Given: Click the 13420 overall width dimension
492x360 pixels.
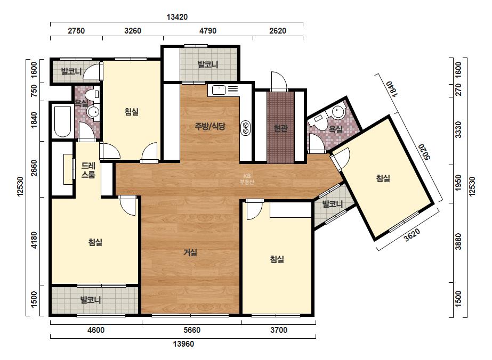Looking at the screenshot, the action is coord(177,17).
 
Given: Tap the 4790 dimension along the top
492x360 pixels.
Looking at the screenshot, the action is coord(208,31).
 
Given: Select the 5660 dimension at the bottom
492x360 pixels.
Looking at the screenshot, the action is coord(191,330).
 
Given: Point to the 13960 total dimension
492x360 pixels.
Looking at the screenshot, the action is coord(183,345).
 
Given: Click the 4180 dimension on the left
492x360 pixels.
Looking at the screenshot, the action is coord(34,240).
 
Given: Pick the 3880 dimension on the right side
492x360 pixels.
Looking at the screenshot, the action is coord(458,241).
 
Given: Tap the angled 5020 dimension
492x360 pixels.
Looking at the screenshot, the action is coord(423,152).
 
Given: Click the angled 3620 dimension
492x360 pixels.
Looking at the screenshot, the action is coord(412,235).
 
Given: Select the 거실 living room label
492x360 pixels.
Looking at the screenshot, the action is coord(190,252).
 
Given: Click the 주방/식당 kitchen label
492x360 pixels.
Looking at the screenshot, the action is coord(210,126).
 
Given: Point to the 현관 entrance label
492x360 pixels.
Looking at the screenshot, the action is coord(280,128).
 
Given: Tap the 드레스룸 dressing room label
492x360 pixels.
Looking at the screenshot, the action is coord(88,170).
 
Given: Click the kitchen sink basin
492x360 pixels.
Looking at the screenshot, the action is coord(219,90).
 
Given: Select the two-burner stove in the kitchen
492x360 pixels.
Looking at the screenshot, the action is coord(245,128).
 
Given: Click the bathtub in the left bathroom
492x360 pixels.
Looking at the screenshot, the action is coord(62,121).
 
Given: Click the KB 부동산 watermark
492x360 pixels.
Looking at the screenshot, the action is coord(247,179).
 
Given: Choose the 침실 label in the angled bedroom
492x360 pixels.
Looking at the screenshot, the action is coord(383,178).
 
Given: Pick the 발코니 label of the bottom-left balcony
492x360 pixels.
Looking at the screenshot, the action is coord(91,300).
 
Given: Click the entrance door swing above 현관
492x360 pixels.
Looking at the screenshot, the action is coord(279,81).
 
